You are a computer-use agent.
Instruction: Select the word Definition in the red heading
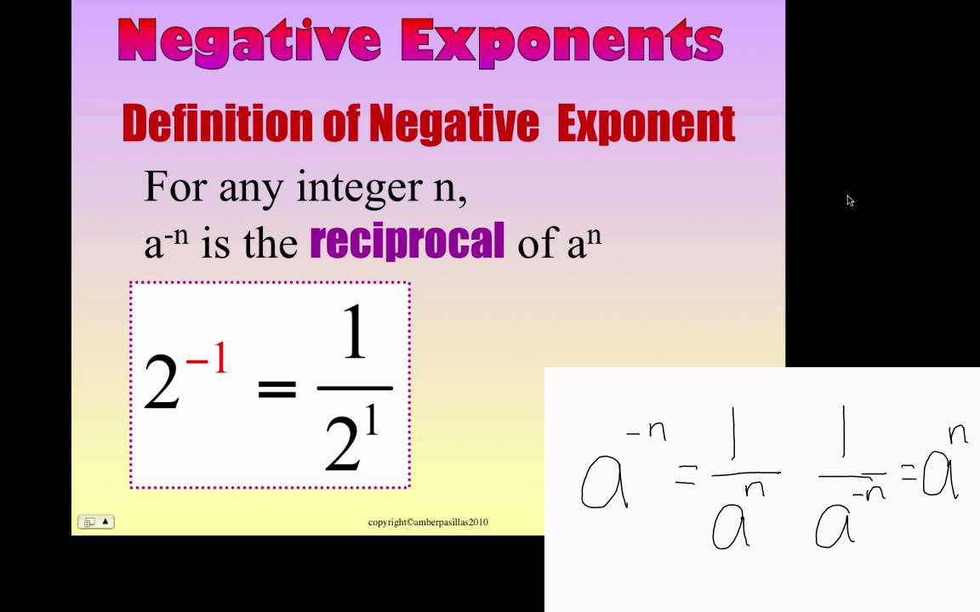pyautogui.click(x=217, y=124)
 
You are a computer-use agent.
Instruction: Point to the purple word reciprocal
pyautogui.click(x=407, y=242)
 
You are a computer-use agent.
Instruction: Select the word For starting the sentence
pyautogui.click(x=175, y=186)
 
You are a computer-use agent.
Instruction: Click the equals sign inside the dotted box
pyautogui.click(x=276, y=389)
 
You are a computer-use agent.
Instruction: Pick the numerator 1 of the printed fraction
pyautogui.click(x=354, y=335)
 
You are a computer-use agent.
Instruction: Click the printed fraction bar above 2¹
pyautogui.click(x=355, y=388)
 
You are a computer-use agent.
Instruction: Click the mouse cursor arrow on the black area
pyautogui.click(x=850, y=201)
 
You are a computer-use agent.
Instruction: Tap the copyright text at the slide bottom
pyautogui.click(x=428, y=522)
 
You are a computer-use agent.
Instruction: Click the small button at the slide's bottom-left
pyautogui.click(x=95, y=522)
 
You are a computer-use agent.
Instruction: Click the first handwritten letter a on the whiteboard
pyautogui.click(x=603, y=482)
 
